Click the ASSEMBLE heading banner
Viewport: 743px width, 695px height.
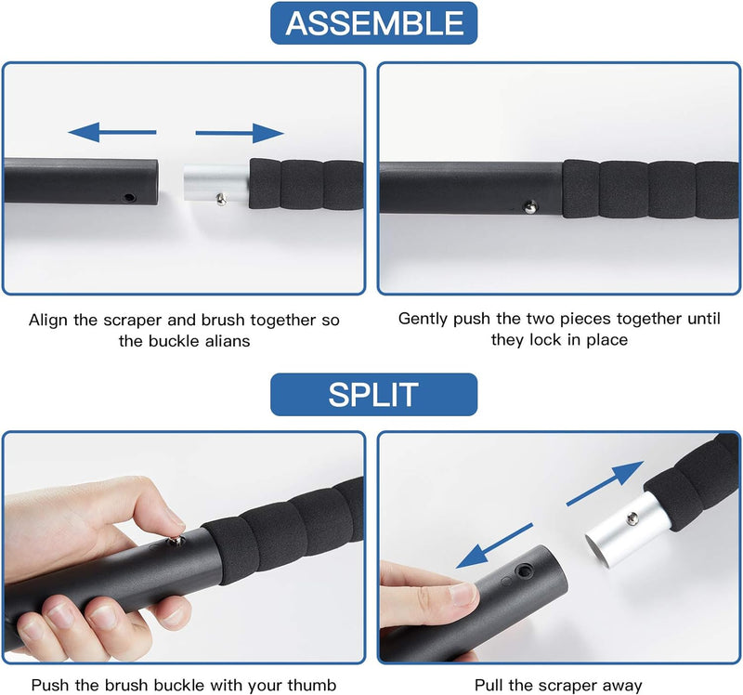point(374,23)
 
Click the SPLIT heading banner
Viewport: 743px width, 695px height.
point(374,395)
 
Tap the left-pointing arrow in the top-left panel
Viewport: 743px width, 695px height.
point(112,132)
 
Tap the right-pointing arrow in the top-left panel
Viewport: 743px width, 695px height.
point(240,133)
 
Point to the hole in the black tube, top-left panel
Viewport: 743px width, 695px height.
point(128,197)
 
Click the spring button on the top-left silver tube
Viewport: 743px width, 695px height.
point(221,199)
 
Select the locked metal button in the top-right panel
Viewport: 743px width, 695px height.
point(530,206)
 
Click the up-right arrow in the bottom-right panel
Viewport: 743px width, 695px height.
point(606,483)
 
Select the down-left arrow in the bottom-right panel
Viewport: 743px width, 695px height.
point(494,545)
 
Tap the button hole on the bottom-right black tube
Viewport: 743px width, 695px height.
point(524,570)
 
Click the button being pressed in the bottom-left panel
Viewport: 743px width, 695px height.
point(176,540)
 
